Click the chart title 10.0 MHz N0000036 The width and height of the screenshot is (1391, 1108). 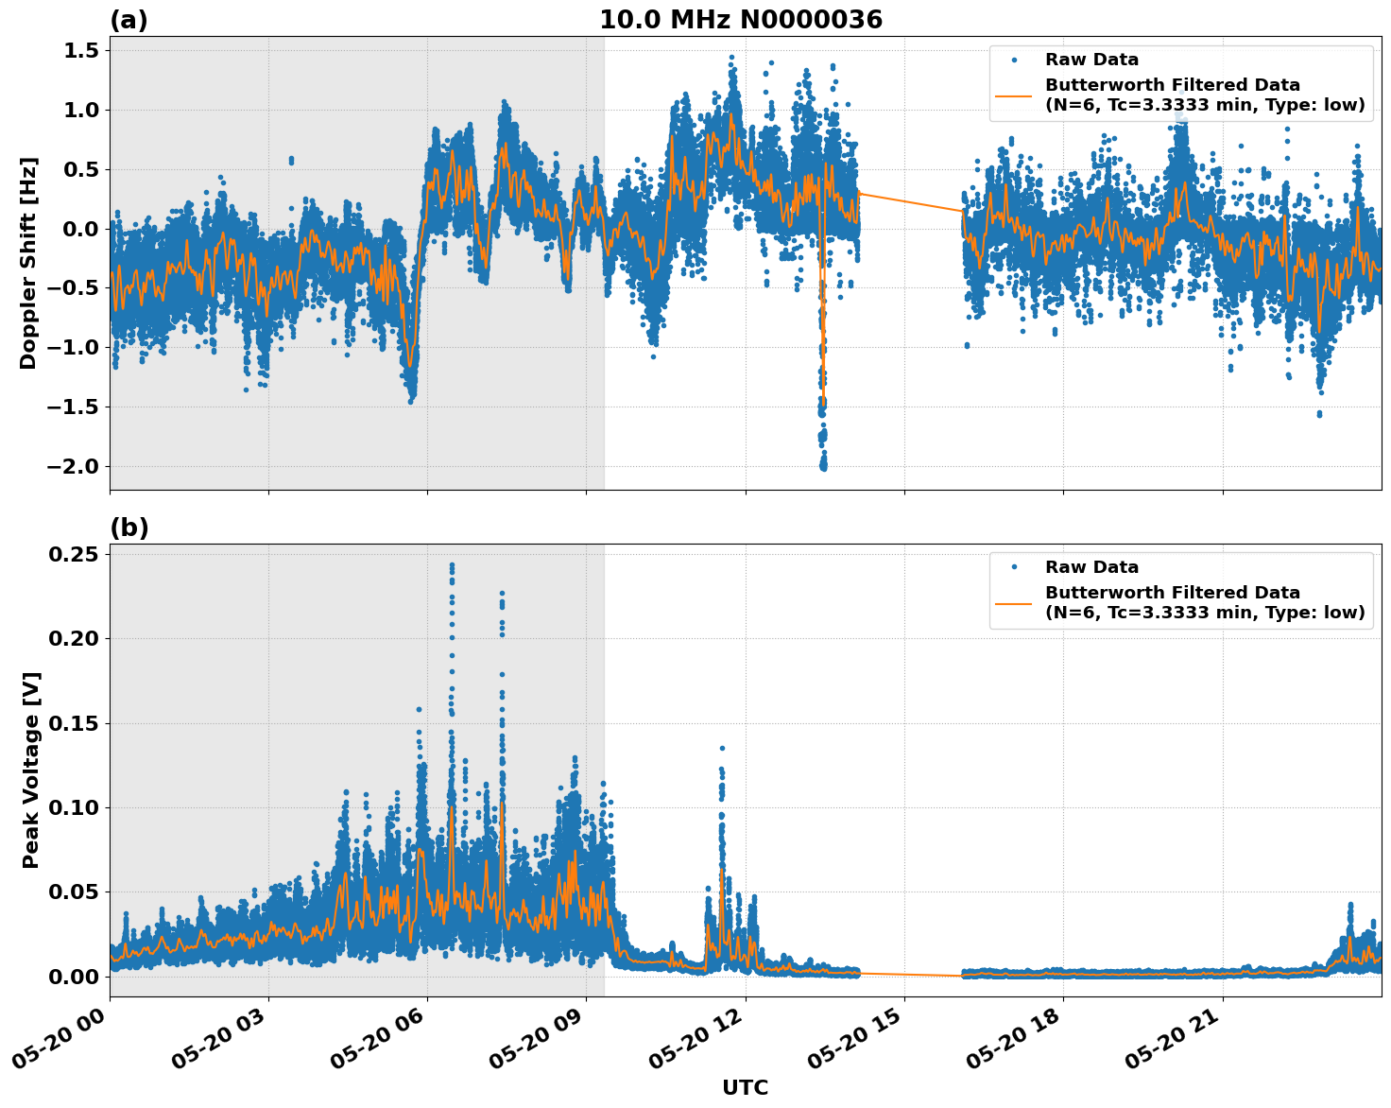tap(741, 20)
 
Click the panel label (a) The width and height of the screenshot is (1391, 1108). tap(129, 20)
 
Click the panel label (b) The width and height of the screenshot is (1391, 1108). tap(129, 528)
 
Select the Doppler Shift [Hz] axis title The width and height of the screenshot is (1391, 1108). tap(28, 263)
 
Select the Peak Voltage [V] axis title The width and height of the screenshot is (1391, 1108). tap(30, 790)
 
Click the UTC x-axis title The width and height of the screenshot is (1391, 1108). tap(745, 1087)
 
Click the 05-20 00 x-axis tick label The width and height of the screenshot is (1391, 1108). tap(64, 1044)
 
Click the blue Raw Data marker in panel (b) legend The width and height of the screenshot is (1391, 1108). tap(1014, 567)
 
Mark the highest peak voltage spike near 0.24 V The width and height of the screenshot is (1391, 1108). tap(452, 565)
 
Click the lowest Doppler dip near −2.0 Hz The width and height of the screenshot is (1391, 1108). tap(823, 465)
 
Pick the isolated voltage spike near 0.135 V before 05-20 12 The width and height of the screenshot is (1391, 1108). tap(722, 749)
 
